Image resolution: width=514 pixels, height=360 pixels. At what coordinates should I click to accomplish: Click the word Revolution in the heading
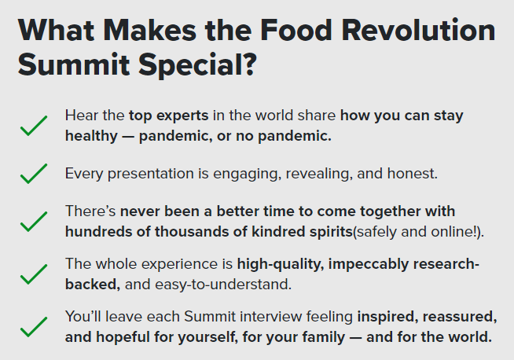point(418,30)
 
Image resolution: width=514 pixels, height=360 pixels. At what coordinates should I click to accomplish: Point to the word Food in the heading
point(296,30)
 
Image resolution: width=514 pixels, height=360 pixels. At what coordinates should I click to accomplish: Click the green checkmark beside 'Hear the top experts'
point(34,126)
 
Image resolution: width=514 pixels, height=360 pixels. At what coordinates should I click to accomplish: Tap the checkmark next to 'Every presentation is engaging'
point(34,174)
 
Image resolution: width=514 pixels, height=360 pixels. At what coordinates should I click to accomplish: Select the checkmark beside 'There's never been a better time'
point(34,222)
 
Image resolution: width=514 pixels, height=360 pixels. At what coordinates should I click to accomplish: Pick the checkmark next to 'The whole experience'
point(34,274)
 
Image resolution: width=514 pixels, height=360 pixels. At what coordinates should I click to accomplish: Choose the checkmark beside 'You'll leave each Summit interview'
point(34,326)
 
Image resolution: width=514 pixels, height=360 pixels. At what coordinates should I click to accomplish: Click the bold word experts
point(182,116)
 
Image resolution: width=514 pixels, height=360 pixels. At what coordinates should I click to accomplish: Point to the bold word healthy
point(91,136)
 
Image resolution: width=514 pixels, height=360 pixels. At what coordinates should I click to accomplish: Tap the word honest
point(413,174)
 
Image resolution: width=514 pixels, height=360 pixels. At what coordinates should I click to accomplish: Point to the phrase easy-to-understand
point(223,285)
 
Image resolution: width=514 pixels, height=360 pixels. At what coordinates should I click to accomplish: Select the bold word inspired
point(387,317)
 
